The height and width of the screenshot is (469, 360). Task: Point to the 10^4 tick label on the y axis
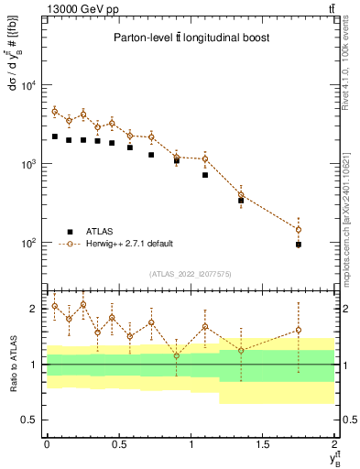click(27, 86)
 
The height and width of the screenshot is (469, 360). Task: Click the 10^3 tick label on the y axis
click(27, 165)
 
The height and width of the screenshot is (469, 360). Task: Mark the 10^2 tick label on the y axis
click(27, 244)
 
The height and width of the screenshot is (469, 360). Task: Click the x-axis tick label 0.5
click(118, 444)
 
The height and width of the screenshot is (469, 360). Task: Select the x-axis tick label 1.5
click(263, 444)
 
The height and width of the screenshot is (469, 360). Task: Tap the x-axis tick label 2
click(335, 444)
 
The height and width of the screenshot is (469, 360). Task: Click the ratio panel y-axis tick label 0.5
click(30, 420)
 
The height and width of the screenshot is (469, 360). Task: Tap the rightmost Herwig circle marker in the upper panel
click(299, 229)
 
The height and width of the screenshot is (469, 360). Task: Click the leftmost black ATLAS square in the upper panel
click(55, 136)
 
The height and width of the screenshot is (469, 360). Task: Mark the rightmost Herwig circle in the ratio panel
click(299, 330)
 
